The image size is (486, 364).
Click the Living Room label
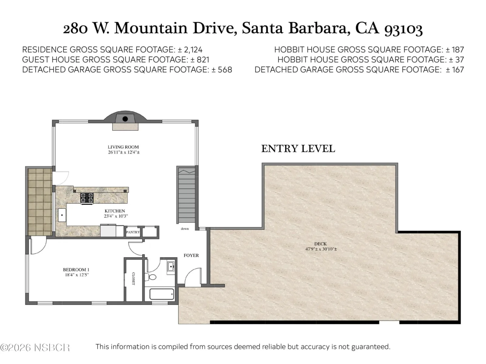[123, 147]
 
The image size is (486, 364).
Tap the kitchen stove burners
[87, 198]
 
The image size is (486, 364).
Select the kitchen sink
[62, 215]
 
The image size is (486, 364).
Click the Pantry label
[133, 232]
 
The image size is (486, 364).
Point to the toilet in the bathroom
[150, 277]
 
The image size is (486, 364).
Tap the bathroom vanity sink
[171, 267]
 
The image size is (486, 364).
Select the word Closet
[133, 278]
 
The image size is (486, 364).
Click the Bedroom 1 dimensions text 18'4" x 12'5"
[77, 275]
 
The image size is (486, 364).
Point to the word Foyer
[191, 255]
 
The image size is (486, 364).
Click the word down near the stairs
[185, 229]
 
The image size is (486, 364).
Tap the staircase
[187, 195]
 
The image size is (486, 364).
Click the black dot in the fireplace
[125, 119]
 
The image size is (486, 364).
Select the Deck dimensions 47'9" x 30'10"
[321, 249]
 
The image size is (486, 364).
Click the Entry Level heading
[298, 149]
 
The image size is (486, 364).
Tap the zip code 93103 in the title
[403, 29]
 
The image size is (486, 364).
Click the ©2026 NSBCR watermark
[35, 348]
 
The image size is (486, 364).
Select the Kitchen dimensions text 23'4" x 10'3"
[116, 216]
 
